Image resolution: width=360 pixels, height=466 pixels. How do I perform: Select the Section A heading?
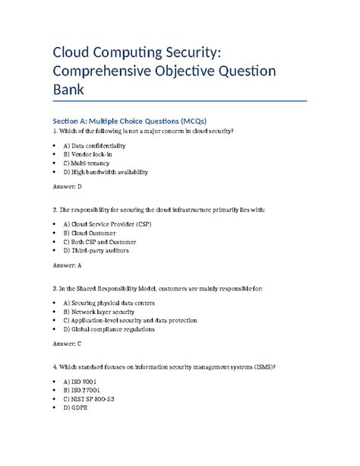coord(134,120)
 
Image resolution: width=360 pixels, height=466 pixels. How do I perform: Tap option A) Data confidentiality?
coord(94,144)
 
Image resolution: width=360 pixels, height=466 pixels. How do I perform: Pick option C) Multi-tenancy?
coord(86,163)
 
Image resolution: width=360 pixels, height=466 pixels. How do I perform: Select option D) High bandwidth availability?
coord(106,172)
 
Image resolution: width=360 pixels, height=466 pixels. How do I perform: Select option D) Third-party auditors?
coord(96,250)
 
